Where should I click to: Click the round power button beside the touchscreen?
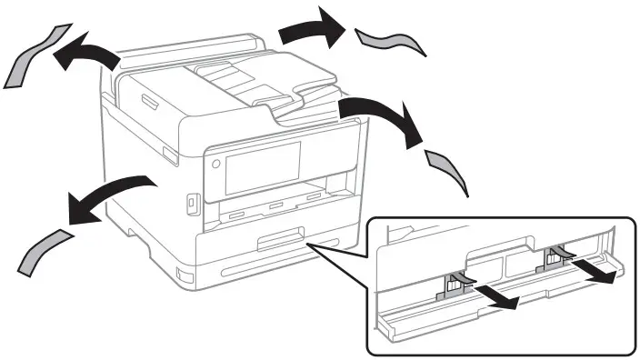(x=215, y=165)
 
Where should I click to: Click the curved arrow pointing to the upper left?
(x=85, y=55)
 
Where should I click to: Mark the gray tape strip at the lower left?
(x=44, y=251)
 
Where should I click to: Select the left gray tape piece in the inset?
(x=454, y=285)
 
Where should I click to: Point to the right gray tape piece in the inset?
(x=554, y=259)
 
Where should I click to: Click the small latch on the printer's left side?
(x=170, y=156)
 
